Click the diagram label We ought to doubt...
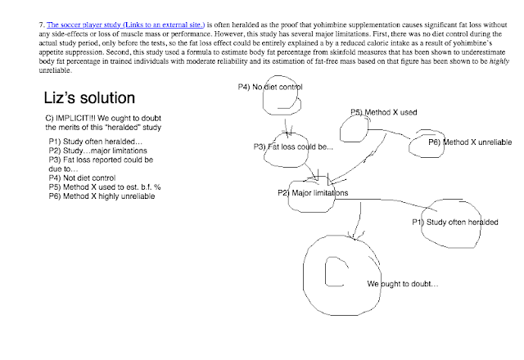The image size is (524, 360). (402, 284)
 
